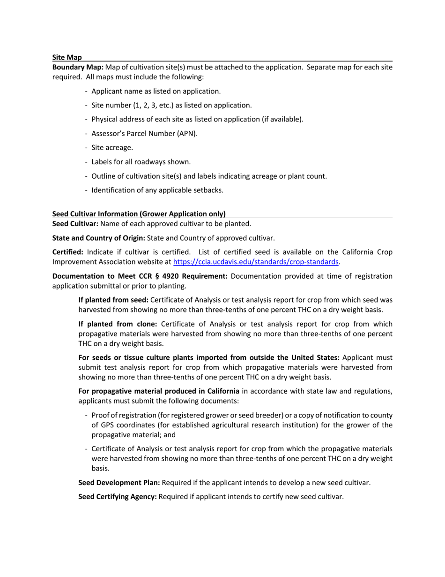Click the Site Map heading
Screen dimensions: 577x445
click(x=67, y=57)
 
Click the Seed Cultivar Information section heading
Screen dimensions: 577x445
click(x=139, y=214)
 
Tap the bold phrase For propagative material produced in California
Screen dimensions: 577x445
click(x=159, y=391)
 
